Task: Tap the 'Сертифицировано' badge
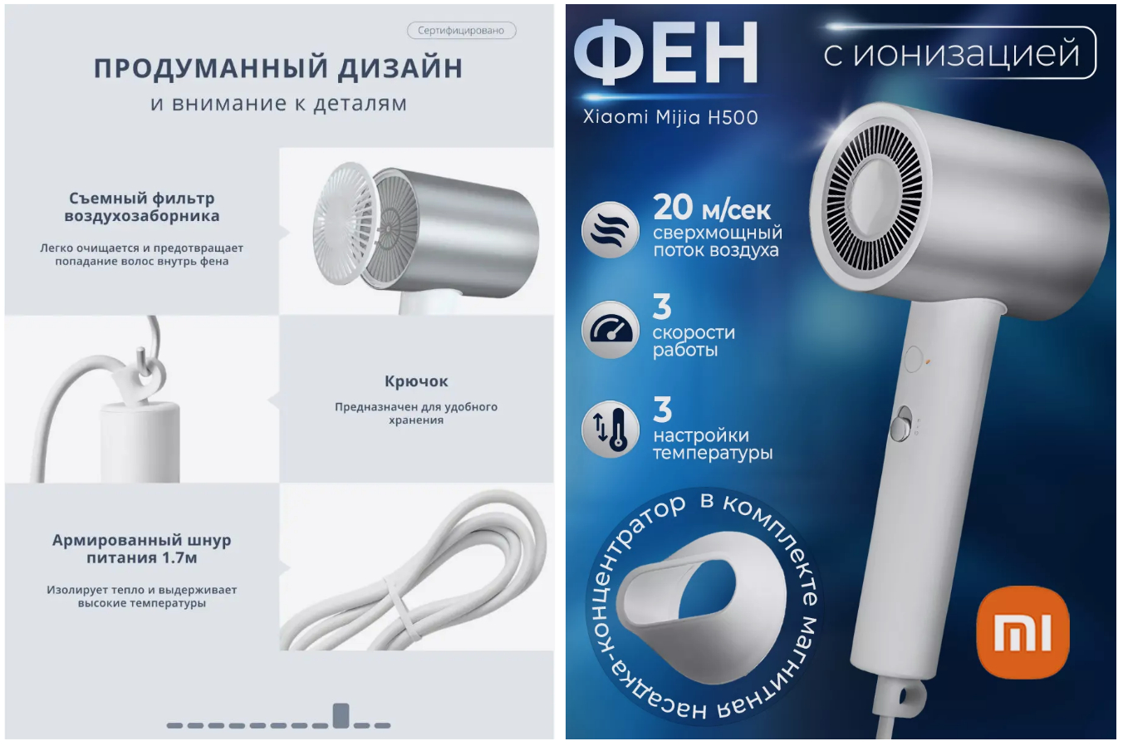(461, 31)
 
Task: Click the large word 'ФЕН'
(665, 52)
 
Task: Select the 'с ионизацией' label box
(959, 52)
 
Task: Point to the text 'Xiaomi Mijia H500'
(670, 117)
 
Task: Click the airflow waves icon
(611, 230)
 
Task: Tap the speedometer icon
(611, 329)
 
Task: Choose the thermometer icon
(611, 429)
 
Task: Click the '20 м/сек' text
(711, 208)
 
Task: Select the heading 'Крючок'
(416, 381)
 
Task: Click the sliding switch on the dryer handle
(902, 425)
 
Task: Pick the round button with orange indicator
(914, 359)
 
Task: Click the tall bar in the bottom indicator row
(341, 715)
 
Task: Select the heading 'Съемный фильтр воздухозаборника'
(142, 207)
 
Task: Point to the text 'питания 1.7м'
(142, 557)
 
